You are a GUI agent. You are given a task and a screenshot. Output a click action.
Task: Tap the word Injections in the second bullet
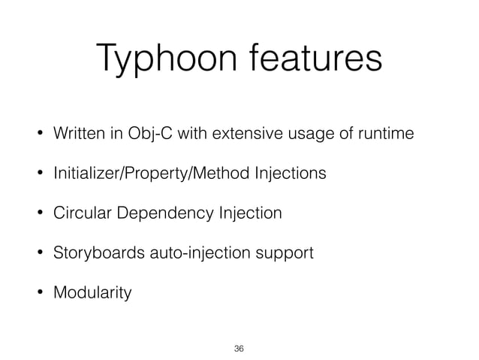click(x=290, y=174)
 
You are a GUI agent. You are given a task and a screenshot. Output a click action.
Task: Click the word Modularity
click(x=91, y=292)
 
